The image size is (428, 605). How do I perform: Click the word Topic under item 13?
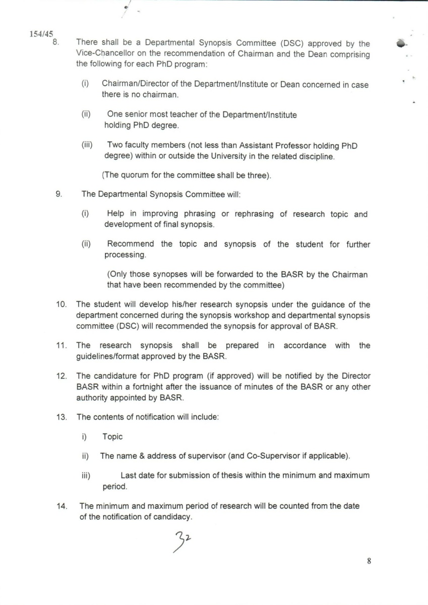pyautogui.click(x=112, y=437)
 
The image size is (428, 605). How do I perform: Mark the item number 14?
pyautogui.click(x=61, y=506)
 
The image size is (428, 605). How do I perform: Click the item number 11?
pyautogui.click(x=61, y=345)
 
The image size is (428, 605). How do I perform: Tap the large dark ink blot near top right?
pyautogui.click(x=401, y=43)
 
